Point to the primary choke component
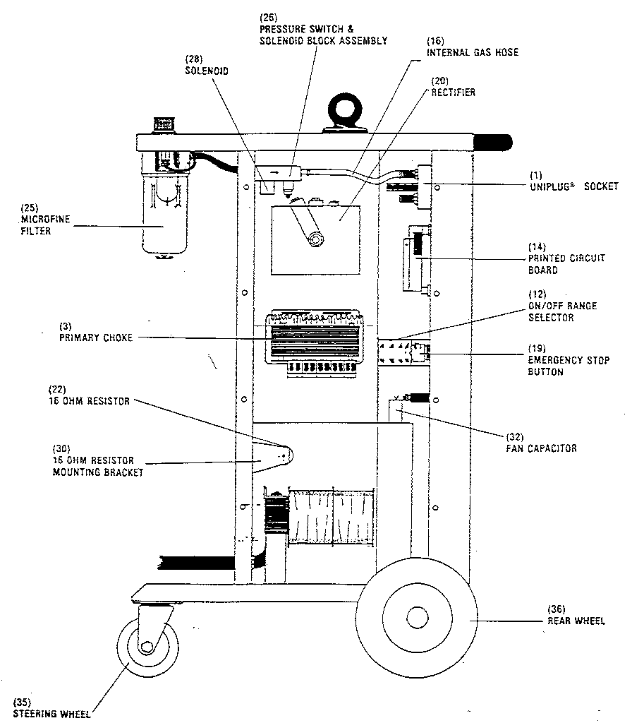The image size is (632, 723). [x=315, y=339]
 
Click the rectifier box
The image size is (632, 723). [x=315, y=239]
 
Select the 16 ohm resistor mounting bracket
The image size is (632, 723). [x=272, y=457]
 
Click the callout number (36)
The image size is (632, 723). [x=557, y=609]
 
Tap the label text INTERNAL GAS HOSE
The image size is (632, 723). [x=472, y=52]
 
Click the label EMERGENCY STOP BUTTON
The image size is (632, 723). [x=564, y=366]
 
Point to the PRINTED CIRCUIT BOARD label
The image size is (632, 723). [x=566, y=264]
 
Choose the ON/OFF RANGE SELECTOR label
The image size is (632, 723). [x=562, y=311]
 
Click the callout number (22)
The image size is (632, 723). [x=57, y=390]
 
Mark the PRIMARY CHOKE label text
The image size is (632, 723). [x=95, y=337]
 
